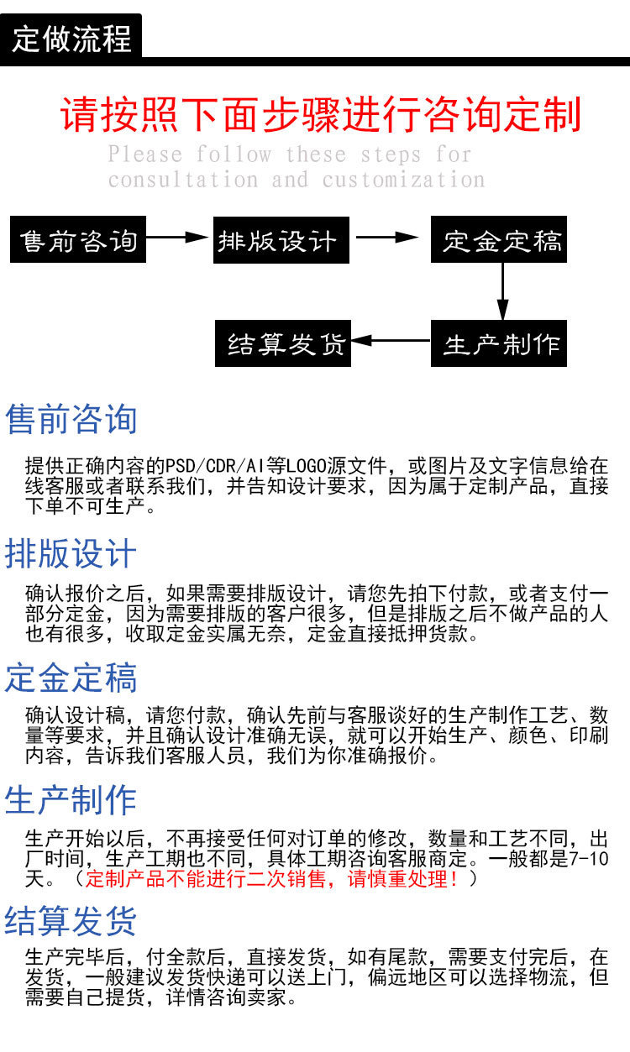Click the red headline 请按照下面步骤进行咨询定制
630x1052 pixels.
321,115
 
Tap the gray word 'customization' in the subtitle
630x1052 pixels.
403,180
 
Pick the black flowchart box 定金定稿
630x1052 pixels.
501,241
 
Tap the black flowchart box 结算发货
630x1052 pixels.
283,343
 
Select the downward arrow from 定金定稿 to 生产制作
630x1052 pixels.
502,290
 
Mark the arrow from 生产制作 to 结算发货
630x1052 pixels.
390,341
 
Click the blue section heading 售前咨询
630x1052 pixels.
71,419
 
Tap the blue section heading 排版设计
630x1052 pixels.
71,554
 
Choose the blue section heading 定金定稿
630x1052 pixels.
71,678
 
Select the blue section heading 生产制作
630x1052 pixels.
71,800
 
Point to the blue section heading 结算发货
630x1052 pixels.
71,921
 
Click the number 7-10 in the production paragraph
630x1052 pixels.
587,859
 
